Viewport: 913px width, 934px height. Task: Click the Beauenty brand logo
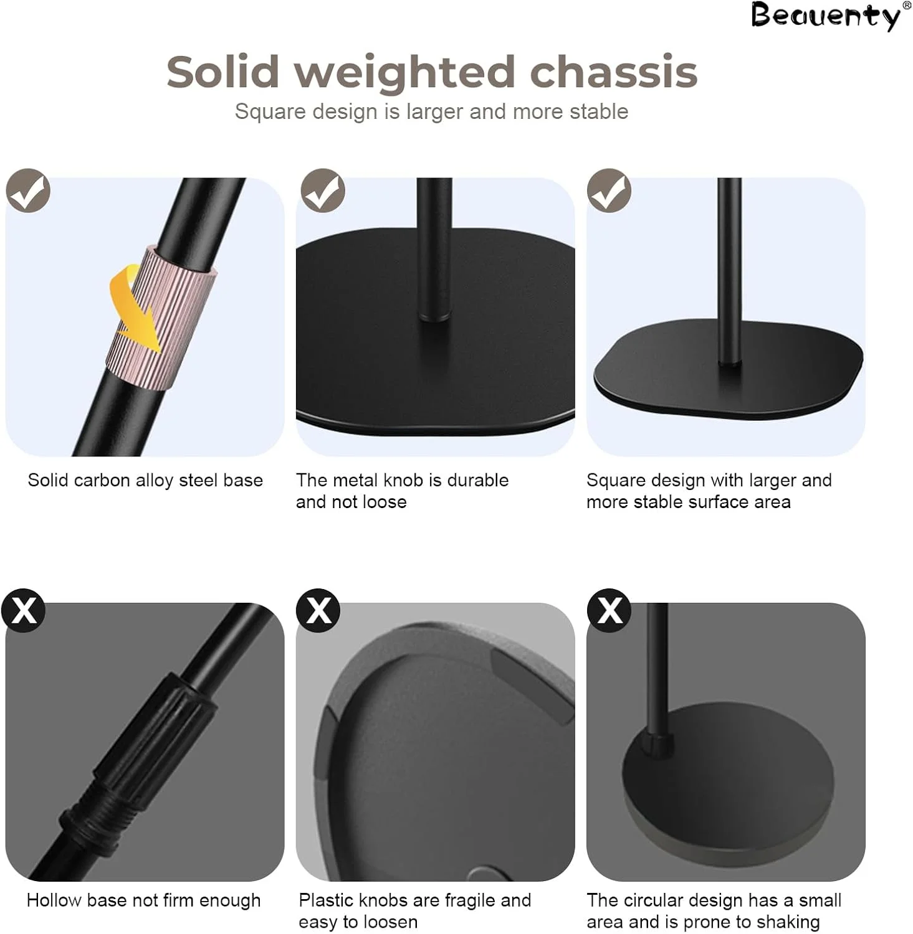tap(826, 16)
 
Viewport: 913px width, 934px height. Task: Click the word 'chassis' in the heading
tap(613, 72)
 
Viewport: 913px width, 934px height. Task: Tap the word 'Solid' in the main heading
tap(222, 72)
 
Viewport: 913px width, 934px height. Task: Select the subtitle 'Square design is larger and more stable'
tap(431, 111)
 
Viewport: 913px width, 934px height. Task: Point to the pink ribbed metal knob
tap(161, 318)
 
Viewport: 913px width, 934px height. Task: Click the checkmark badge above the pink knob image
tap(28, 191)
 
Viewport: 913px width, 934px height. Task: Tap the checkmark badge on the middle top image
tap(323, 191)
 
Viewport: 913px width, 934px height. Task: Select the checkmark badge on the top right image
tap(609, 191)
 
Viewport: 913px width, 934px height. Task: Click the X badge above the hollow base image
tap(24, 610)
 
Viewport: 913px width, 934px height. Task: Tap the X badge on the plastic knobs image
tap(318, 610)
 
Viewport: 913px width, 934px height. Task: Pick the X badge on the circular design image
tap(609, 610)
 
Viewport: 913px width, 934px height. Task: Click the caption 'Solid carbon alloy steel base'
tap(145, 480)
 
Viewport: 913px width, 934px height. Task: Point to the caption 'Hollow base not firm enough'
tap(143, 900)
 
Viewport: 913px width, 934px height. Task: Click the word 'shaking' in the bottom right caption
tap(788, 922)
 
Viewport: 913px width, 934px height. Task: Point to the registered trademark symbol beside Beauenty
tap(907, 5)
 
